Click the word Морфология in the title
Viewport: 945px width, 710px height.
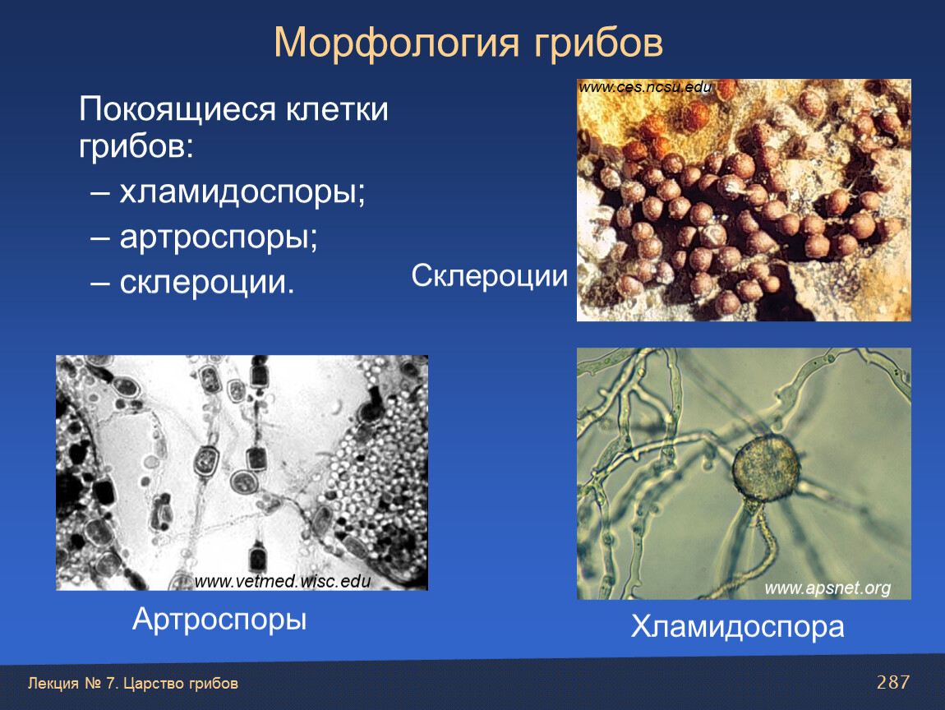[396, 44]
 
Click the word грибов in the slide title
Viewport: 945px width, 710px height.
[598, 44]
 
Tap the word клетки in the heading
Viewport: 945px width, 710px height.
[337, 109]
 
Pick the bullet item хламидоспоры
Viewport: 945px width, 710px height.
[242, 192]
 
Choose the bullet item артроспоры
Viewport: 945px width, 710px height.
[218, 237]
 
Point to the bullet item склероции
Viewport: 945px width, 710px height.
[207, 282]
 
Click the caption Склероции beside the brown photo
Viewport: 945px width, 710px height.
[490, 277]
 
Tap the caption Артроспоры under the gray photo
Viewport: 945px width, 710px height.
[219, 620]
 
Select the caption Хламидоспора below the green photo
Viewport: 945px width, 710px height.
[737, 626]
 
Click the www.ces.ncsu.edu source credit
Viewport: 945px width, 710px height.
[645, 87]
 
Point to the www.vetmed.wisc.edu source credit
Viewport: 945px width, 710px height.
[282, 581]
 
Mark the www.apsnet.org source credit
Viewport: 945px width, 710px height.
[827, 588]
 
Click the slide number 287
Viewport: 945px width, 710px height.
[893, 682]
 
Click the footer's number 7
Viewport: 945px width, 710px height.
[110, 684]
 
